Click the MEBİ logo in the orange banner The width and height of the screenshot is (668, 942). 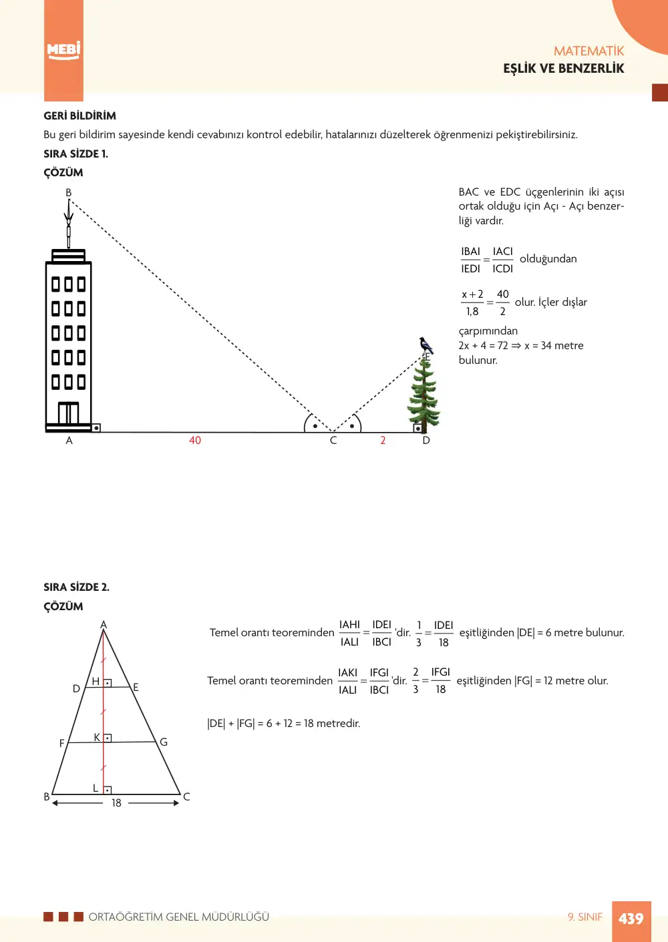pyautogui.click(x=63, y=51)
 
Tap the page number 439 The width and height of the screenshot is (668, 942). pyautogui.click(x=631, y=918)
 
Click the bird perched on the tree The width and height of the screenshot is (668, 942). pyautogui.click(x=426, y=346)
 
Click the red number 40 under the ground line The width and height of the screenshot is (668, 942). pyautogui.click(x=195, y=441)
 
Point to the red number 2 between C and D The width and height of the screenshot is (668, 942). pyautogui.click(x=383, y=441)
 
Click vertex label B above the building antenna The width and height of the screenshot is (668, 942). pyautogui.click(x=69, y=192)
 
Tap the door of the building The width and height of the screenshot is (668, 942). pyautogui.click(x=68, y=413)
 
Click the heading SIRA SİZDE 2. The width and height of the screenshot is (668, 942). pyautogui.click(x=77, y=587)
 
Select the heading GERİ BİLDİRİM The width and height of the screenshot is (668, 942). pyautogui.click(x=80, y=115)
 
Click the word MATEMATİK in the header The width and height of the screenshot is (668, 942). pyautogui.click(x=589, y=51)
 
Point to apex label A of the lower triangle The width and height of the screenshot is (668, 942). pyautogui.click(x=104, y=624)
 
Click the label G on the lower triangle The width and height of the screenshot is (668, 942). pyautogui.click(x=164, y=742)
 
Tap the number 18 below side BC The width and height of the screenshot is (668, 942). pyautogui.click(x=116, y=802)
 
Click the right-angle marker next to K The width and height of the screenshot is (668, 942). pyautogui.click(x=108, y=738)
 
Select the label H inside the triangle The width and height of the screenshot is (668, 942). pyautogui.click(x=96, y=681)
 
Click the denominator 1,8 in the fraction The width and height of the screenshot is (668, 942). pyautogui.click(x=472, y=311)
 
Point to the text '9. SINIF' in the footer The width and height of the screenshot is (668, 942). pyautogui.click(x=585, y=917)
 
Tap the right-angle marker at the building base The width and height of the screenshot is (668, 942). pyautogui.click(x=96, y=428)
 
